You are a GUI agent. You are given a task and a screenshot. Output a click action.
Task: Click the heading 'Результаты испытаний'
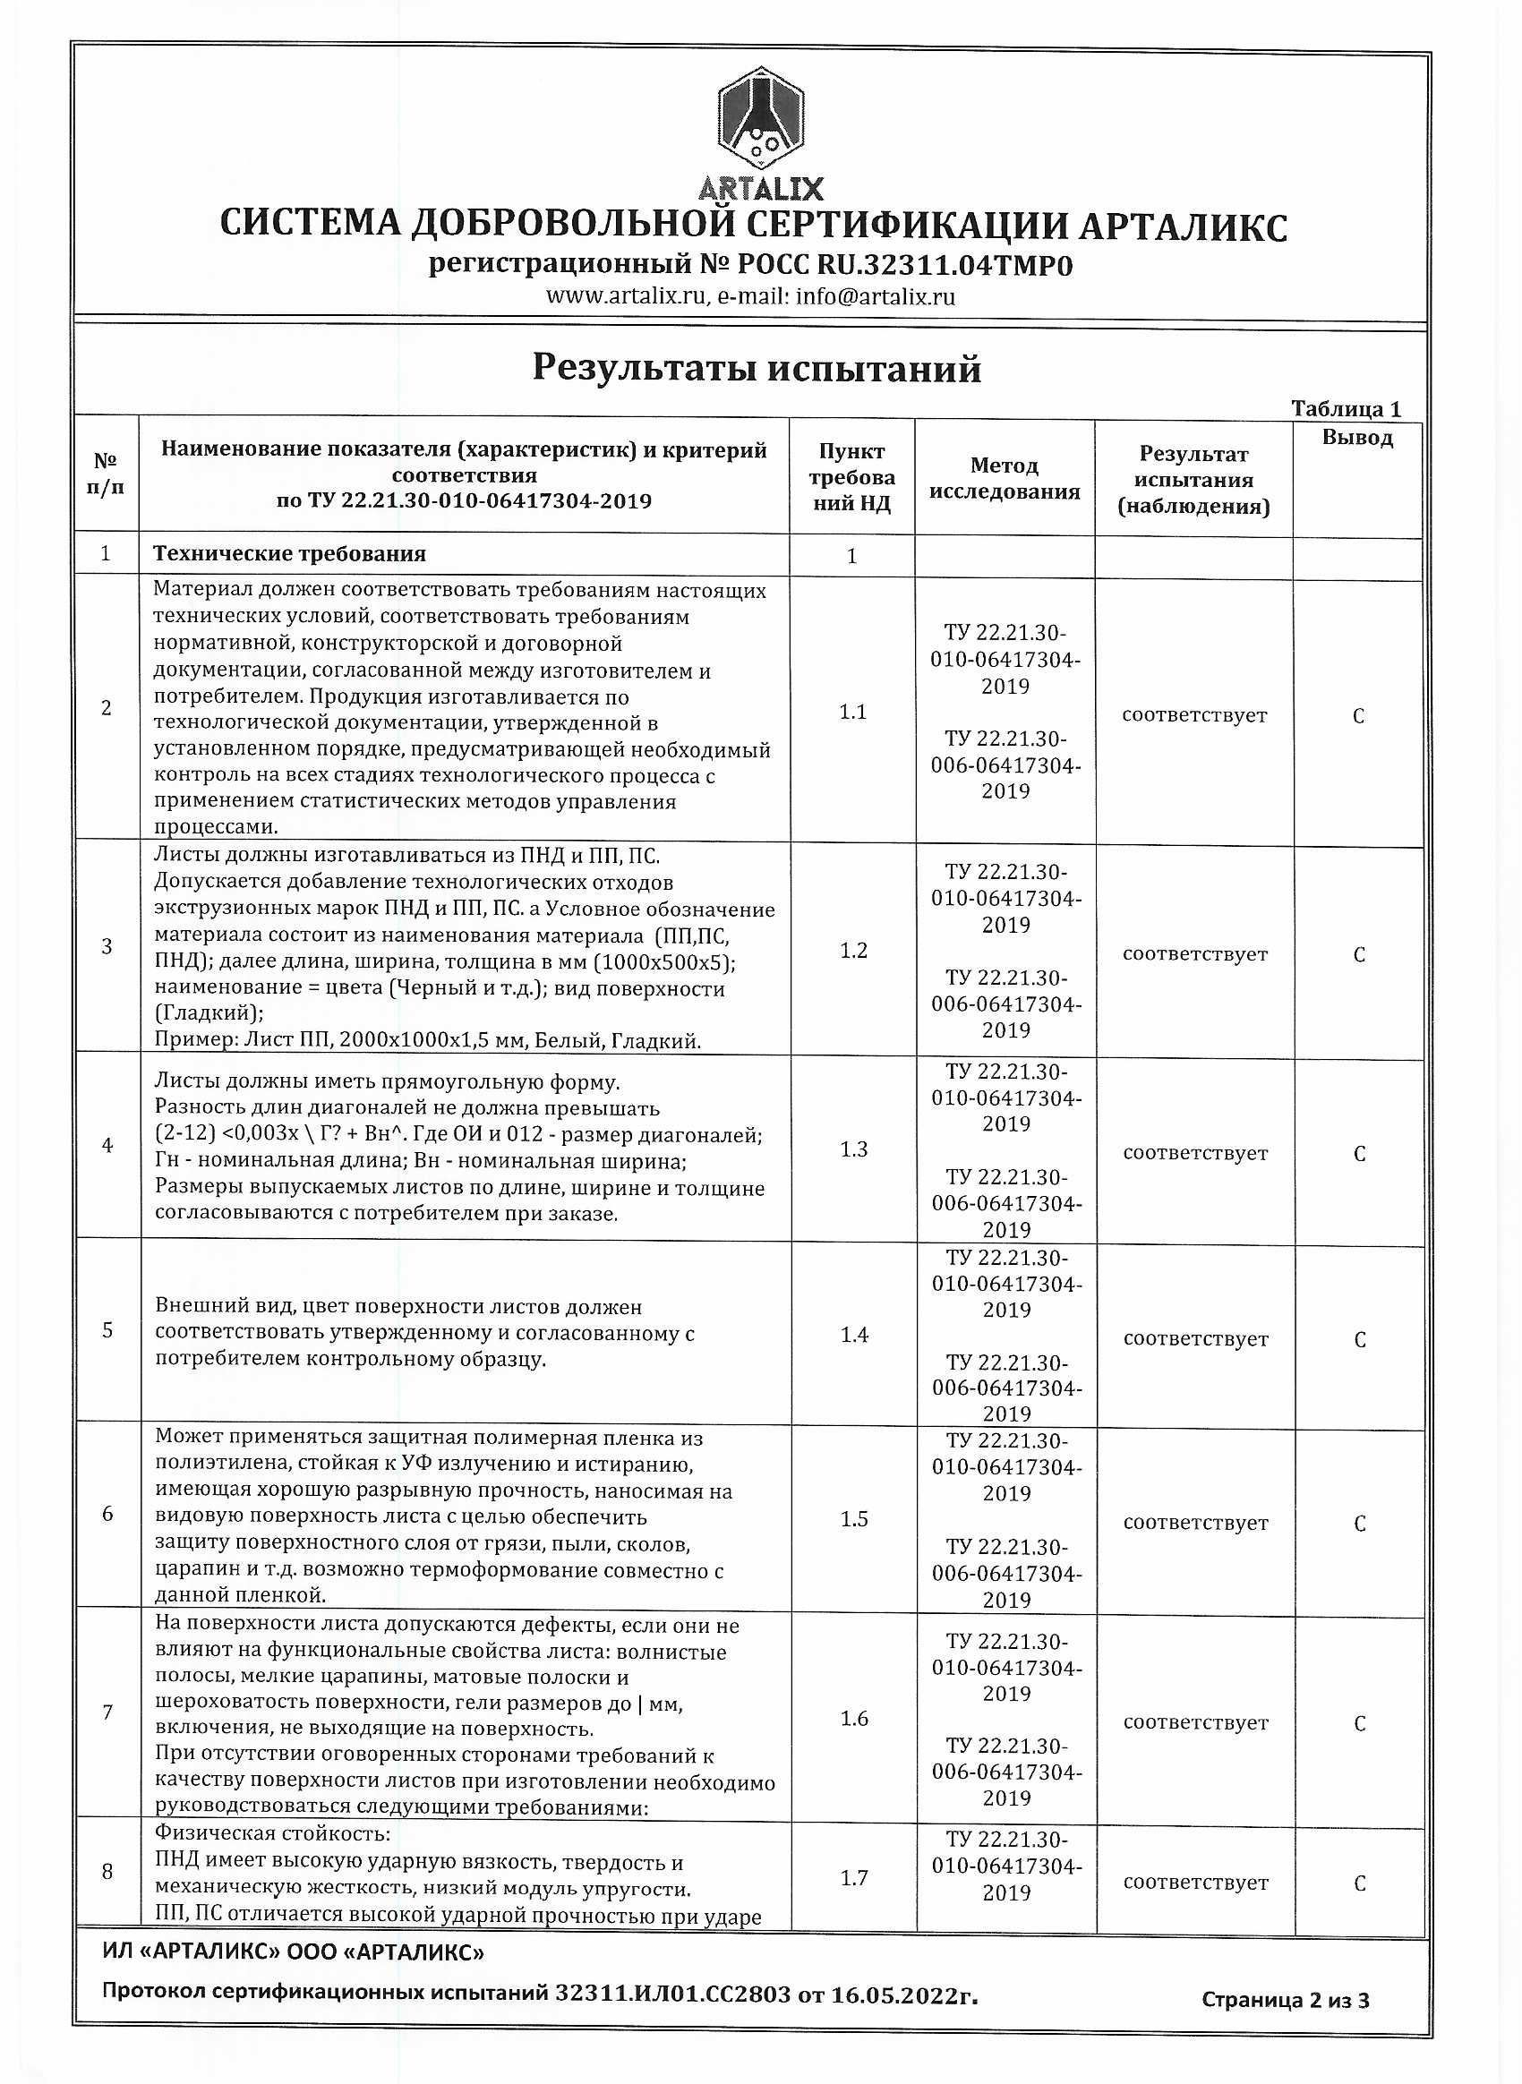pos(757,369)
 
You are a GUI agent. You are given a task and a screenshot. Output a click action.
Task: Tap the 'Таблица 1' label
pos(1345,408)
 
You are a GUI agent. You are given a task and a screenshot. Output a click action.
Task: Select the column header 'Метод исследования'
pos(1005,478)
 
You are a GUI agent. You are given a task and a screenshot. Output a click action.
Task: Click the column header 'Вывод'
pos(1357,438)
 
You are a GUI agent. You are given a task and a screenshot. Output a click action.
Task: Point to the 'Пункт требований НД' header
pos(851,476)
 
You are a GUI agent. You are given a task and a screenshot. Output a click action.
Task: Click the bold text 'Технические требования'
pos(289,554)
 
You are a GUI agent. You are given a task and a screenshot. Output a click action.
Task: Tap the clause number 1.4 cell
pos(854,1334)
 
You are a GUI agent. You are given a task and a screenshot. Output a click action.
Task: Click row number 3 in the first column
pos(107,946)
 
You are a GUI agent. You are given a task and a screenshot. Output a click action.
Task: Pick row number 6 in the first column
pos(107,1514)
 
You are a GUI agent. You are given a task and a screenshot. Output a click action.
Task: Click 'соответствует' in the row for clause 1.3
pos(1195,1153)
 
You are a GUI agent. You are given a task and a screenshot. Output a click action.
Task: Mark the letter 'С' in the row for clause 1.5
pos(1359,1524)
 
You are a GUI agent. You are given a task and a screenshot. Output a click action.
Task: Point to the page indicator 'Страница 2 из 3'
pos(1285,2000)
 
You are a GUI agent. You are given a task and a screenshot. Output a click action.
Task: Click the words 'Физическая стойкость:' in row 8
pos(273,1832)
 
